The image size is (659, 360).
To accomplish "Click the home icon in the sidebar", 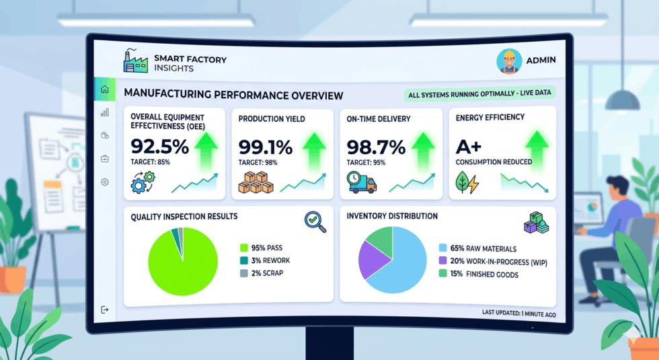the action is click(x=105, y=89).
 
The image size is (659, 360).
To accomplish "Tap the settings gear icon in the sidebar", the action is click(x=105, y=182).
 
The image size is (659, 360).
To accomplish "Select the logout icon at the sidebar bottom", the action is click(x=105, y=310).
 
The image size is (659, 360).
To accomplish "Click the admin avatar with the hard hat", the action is click(x=509, y=61).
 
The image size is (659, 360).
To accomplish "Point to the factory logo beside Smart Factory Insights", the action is click(x=136, y=61).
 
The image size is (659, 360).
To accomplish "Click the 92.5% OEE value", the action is click(x=160, y=147).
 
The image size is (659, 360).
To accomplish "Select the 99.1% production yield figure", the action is click(x=265, y=147).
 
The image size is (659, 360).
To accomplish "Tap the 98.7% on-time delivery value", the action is click(x=376, y=147).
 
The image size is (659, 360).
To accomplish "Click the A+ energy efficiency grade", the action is click(x=468, y=147).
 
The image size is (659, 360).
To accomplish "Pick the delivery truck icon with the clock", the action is click(x=362, y=182).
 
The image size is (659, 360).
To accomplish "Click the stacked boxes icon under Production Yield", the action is click(x=256, y=182).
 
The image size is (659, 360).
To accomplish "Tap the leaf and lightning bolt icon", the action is click(x=467, y=182).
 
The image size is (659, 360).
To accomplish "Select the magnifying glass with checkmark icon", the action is click(x=315, y=221).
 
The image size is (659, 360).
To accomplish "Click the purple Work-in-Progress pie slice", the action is click(x=373, y=258).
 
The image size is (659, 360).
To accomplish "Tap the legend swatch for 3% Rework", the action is click(x=243, y=261).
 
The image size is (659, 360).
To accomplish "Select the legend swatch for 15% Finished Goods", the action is click(x=442, y=274).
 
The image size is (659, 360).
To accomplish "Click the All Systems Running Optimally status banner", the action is click(x=479, y=94).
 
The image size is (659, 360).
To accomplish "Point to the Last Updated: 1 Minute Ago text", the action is click(x=518, y=314).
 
